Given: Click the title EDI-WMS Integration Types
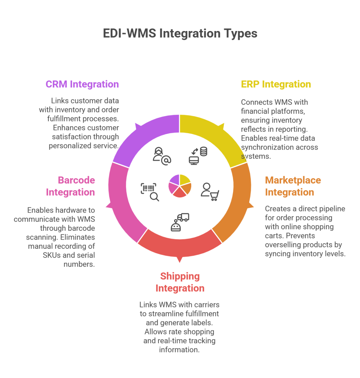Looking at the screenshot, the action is coord(180,33).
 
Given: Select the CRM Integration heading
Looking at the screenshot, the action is coord(82,85).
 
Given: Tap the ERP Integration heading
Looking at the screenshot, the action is coord(276,85).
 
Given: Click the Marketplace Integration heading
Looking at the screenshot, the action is coord(293,186).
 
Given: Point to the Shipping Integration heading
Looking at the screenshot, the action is coord(180,282).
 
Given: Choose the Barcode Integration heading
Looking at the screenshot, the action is coord(71,186).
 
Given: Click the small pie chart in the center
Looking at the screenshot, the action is coord(180,186).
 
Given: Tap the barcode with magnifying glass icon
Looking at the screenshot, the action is coord(150,192).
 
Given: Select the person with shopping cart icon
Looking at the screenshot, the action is coord(210,192).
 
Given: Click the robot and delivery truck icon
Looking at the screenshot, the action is coord(180,222).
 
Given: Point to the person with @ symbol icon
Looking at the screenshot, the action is coord(162,156).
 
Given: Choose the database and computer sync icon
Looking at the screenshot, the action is coord(198,156).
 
